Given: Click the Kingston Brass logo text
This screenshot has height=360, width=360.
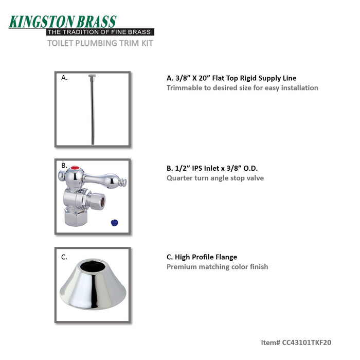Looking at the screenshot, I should (x=63, y=22).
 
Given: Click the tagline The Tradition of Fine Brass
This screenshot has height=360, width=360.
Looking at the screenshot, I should (x=99, y=32).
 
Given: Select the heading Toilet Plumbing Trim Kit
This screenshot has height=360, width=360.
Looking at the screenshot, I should (x=100, y=43).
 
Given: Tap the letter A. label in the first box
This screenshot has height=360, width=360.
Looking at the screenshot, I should (x=64, y=78).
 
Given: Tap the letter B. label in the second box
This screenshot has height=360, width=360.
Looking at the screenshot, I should (x=64, y=166).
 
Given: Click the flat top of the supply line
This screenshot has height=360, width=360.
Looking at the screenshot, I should (x=92, y=77).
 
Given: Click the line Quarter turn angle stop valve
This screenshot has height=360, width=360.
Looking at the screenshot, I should (x=215, y=178).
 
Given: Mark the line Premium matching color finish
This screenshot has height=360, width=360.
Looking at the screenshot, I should (x=217, y=267).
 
